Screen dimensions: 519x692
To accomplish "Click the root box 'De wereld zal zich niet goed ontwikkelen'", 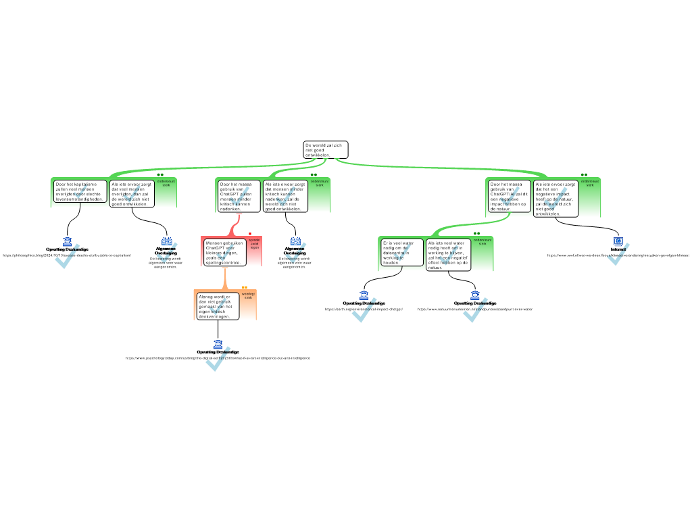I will pos(325,150).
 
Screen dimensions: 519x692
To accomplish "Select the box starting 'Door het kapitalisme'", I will pos(80,191).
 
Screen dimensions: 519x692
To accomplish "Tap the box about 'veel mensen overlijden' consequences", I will pos(132,194).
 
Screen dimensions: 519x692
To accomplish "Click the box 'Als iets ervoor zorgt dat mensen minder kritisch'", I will pos(285,196).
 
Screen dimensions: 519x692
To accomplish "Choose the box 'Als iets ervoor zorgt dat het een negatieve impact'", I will pos(555,199).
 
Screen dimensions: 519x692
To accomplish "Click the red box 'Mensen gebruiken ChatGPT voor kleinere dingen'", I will pos(224,252).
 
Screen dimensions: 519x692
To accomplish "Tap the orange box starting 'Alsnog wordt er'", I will pos(218,306).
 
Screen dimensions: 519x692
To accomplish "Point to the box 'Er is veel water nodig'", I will pos(401,253).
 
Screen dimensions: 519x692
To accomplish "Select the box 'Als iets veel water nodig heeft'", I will pos(447,255).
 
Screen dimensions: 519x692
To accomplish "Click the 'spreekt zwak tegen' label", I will pos(254,244).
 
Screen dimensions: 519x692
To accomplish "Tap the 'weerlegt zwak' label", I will pos(248,296).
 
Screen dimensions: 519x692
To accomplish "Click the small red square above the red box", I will pos(250,234).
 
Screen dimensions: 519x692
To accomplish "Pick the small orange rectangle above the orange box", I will pos(245,287).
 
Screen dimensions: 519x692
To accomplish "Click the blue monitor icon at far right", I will pos(618,241).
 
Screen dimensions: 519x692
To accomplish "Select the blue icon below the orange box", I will pos(218,345).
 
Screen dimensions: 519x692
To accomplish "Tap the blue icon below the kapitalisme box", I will pos(68,242).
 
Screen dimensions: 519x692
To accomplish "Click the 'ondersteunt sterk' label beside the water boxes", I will pos(483,241).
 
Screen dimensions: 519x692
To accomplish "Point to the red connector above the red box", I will pos(236,222).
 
